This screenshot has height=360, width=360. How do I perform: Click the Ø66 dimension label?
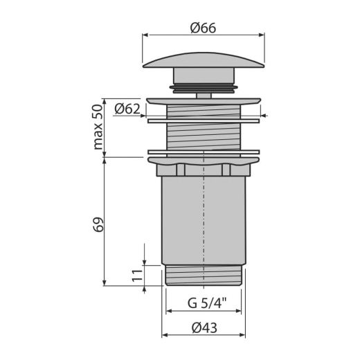point(203,28)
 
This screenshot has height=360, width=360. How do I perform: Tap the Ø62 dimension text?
point(127,109)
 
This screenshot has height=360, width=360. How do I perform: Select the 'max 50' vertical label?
point(98,127)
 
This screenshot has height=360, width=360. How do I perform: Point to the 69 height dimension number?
point(98,224)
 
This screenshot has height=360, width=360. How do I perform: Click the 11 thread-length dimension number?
point(137,275)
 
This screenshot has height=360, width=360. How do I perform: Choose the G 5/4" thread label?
point(207,303)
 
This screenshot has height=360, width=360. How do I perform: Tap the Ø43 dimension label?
point(204,327)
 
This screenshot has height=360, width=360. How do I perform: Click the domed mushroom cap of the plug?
point(204,60)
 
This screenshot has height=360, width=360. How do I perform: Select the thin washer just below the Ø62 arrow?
point(204,121)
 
